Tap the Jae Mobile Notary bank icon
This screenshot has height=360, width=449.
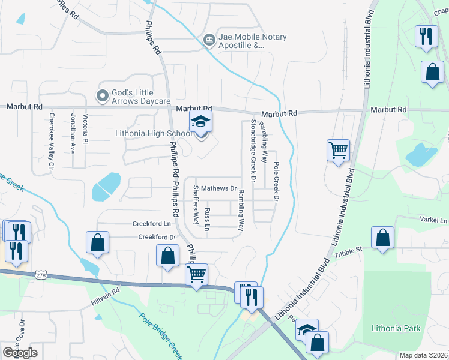tap(209, 40)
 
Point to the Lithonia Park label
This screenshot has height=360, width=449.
tap(396, 328)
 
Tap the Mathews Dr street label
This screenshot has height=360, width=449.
tap(218, 188)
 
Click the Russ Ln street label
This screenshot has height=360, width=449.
tap(208, 220)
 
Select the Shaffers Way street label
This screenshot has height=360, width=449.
tap(196, 205)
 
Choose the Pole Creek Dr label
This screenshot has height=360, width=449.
tap(277, 181)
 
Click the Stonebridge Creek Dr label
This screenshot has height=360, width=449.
tap(253, 151)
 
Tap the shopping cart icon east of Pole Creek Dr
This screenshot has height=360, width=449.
tap(338, 150)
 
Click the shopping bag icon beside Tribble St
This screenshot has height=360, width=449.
tap(382, 238)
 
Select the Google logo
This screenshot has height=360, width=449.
tap(20, 353)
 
